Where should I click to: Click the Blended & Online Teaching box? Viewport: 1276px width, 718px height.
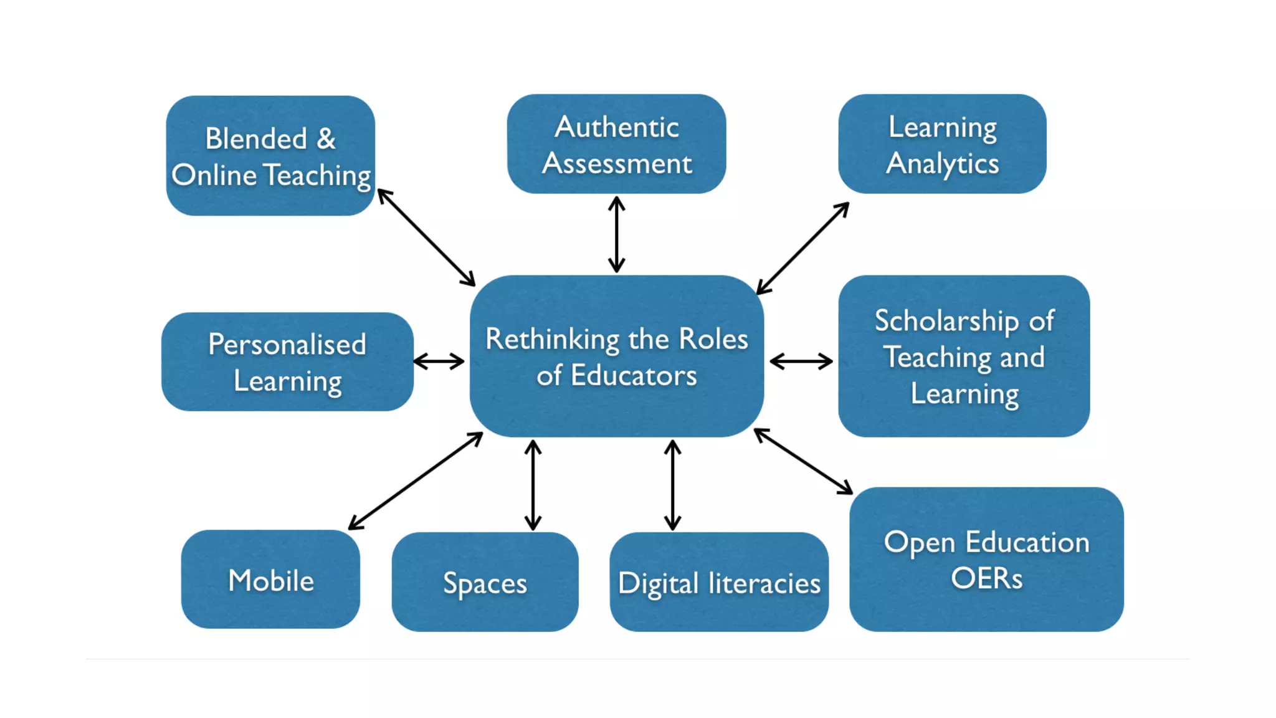pos(270,156)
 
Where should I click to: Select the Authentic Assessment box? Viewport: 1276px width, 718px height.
pos(616,144)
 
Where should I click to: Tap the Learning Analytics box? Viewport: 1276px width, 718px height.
pos(942,144)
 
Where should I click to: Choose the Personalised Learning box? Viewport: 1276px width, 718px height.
pos(287,361)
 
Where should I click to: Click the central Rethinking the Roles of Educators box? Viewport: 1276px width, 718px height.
pos(616,356)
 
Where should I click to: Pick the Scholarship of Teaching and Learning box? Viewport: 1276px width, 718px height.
pos(964,356)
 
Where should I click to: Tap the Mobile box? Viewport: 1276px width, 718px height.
pos(270,580)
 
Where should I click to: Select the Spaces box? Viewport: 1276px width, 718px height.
pos(485,582)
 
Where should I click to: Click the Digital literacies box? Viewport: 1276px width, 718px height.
pos(719,582)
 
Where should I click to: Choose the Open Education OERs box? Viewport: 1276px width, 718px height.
pos(986,559)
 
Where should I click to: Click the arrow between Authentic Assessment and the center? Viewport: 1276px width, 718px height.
pos(616,234)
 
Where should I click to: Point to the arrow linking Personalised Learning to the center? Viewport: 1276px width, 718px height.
pos(439,361)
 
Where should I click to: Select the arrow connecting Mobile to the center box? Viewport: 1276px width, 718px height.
pos(416,481)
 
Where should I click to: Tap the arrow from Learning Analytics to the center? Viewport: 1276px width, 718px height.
pos(802,248)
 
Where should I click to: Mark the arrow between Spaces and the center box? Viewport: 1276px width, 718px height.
pos(533,485)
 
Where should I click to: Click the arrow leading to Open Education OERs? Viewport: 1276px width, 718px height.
pos(803,461)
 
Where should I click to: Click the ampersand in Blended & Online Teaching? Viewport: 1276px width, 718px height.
pos(326,138)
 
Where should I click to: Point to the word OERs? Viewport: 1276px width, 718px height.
pos(986,578)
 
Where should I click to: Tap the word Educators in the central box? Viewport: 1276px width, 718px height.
pos(634,375)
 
